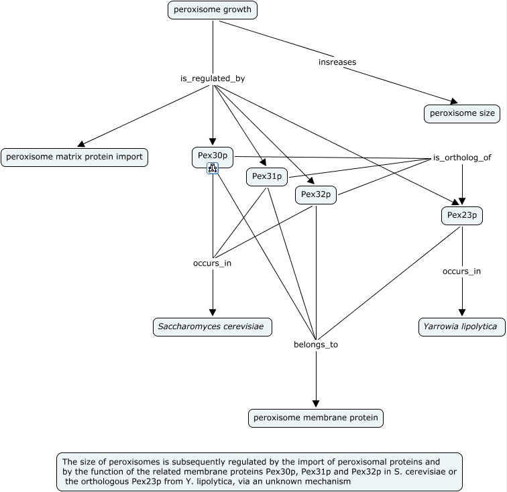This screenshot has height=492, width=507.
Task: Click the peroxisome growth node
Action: point(213,10)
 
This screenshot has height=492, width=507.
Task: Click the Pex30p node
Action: point(213,156)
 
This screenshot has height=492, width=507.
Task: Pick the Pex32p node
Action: point(316,194)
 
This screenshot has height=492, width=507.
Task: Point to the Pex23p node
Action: point(461,216)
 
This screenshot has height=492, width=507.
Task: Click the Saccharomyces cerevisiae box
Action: point(213,327)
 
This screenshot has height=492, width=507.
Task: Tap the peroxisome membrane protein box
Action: point(315,418)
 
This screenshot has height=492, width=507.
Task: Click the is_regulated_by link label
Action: point(213,79)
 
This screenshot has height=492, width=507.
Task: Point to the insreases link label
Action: point(337,62)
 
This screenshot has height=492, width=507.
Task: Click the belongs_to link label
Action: point(315,345)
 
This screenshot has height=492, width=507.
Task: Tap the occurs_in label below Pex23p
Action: point(461,271)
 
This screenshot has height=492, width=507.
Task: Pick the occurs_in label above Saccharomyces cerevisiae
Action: point(212,263)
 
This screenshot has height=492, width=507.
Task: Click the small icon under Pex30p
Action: point(213,169)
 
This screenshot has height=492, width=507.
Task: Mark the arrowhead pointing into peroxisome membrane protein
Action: point(315,404)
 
